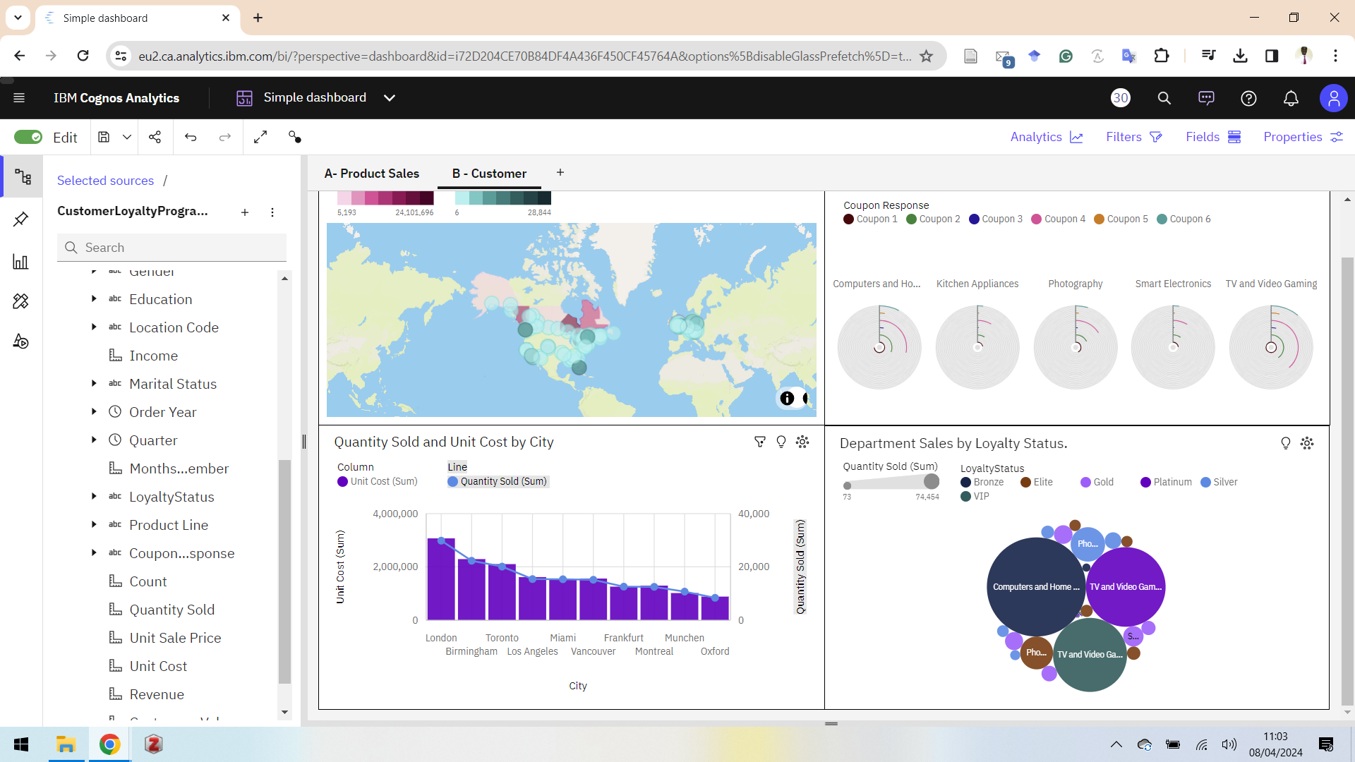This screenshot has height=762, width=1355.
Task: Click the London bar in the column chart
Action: click(441, 579)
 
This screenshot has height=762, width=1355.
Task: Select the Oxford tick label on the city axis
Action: click(715, 651)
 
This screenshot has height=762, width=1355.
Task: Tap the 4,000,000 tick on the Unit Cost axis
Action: click(395, 514)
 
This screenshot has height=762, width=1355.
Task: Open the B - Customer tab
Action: click(489, 174)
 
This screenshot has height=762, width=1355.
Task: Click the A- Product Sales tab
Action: click(371, 174)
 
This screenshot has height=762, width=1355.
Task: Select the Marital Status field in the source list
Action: click(172, 384)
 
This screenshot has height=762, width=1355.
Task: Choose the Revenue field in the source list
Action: click(156, 694)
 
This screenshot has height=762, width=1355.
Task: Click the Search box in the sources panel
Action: click(172, 248)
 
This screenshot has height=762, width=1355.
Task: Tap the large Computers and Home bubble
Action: click(1035, 587)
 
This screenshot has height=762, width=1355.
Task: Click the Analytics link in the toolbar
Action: click(1046, 137)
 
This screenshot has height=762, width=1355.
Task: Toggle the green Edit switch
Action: click(28, 137)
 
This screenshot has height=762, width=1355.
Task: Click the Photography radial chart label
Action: click(1075, 284)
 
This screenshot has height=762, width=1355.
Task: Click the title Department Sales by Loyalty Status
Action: click(953, 443)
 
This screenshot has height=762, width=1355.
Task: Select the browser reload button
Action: click(83, 56)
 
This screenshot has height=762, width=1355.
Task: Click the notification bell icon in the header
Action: click(1291, 98)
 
